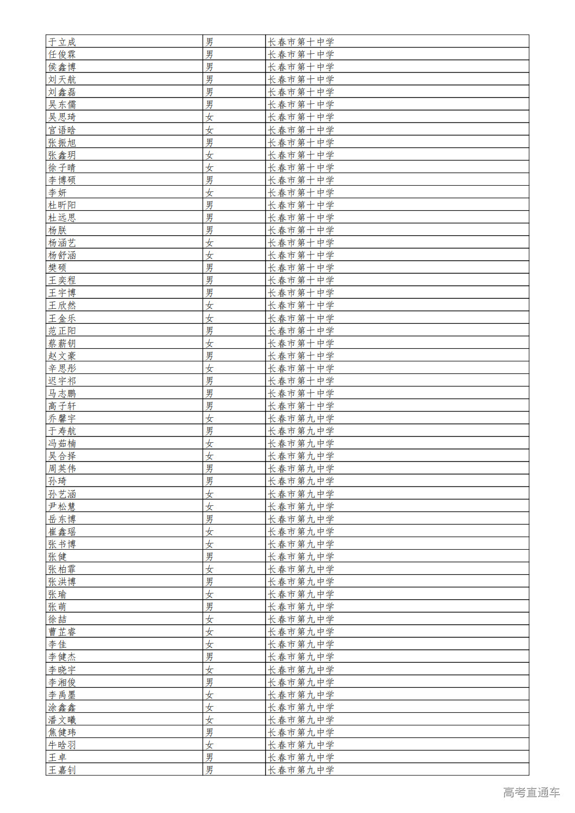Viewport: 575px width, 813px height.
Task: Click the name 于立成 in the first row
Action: click(62, 42)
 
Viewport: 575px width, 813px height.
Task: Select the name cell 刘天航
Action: click(62, 79)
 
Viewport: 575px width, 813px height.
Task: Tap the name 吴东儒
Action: click(62, 104)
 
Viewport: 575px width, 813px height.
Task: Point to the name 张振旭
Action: click(62, 142)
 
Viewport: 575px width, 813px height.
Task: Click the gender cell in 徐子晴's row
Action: click(209, 167)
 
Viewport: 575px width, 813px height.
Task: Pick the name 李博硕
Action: click(62, 180)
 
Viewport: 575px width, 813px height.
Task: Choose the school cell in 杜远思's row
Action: click(301, 217)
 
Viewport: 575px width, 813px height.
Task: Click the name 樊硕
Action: click(57, 268)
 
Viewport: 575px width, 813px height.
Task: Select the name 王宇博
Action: click(62, 293)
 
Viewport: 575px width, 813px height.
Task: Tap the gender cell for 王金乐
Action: click(209, 318)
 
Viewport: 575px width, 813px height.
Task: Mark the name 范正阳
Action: click(62, 331)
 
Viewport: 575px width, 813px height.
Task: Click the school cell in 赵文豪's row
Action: click(301, 356)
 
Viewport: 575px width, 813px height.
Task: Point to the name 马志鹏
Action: click(62, 393)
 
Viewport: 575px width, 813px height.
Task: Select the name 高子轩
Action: click(62, 406)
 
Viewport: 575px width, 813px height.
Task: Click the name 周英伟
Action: click(62, 468)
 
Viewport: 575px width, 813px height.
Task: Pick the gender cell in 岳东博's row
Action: click(209, 519)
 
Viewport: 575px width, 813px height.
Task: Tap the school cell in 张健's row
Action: click(301, 556)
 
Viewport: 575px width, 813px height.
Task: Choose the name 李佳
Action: click(57, 644)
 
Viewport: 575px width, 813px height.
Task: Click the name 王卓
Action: click(57, 757)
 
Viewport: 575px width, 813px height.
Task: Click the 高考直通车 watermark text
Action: click(531, 793)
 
